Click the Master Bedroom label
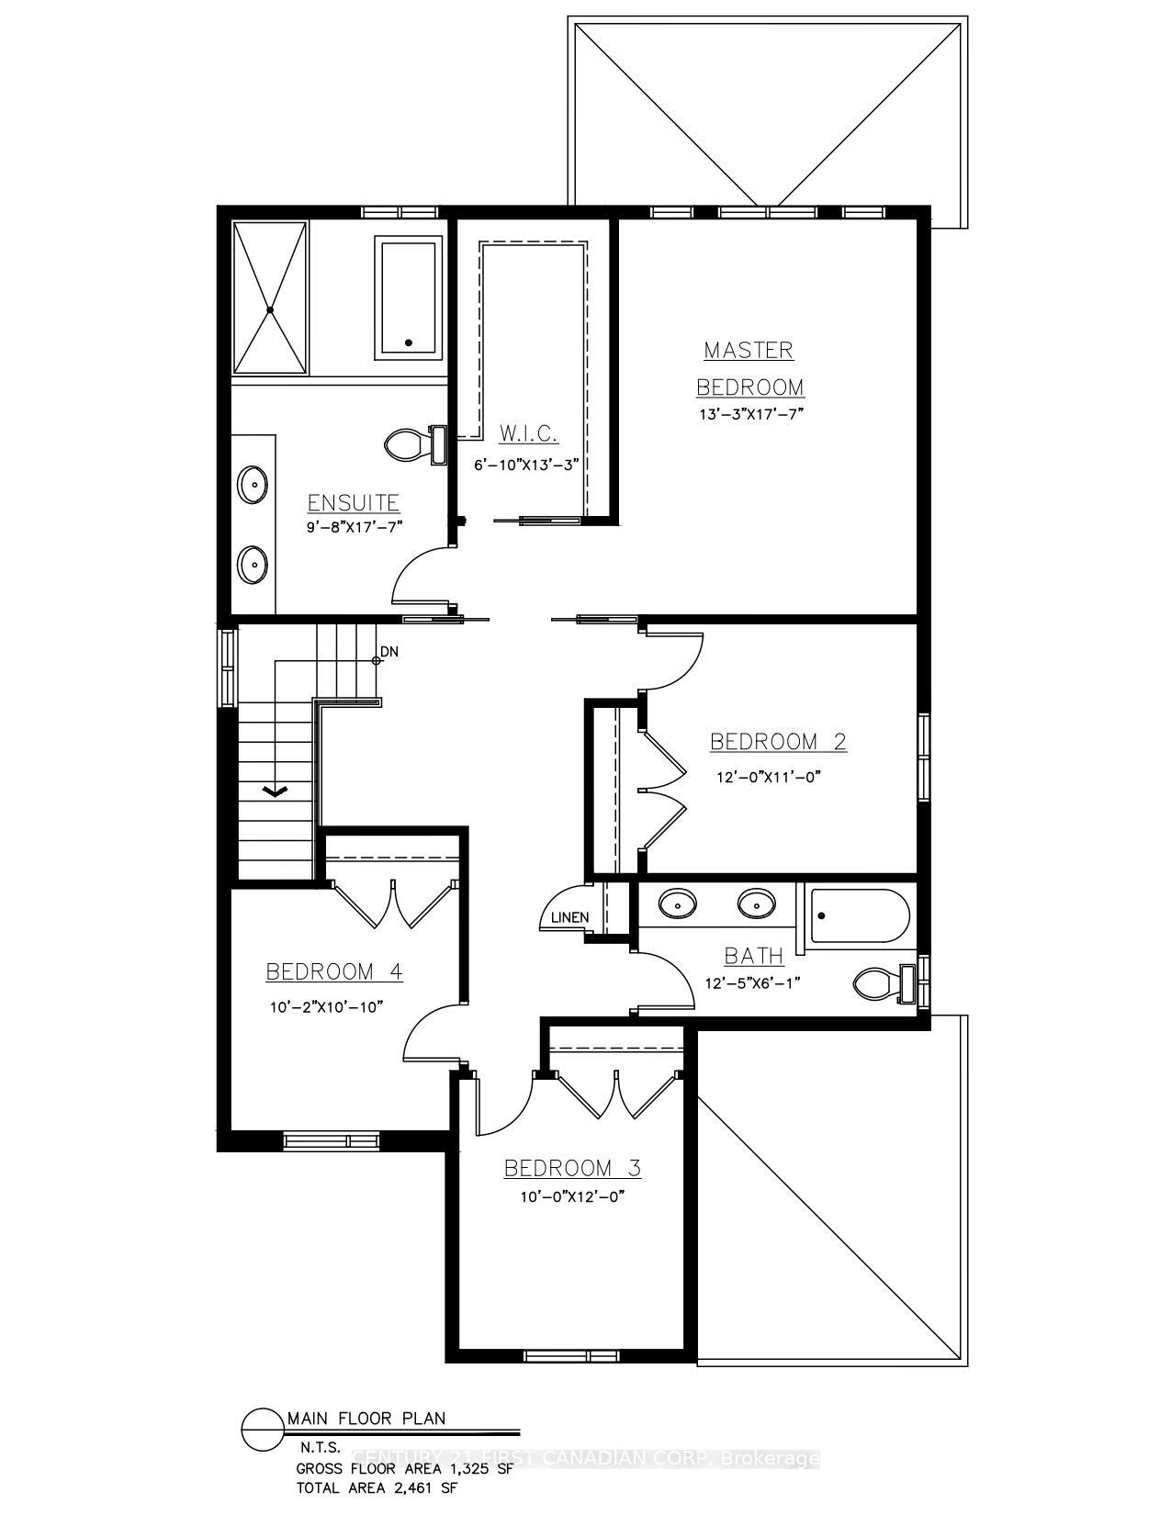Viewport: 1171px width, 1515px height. point(749,368)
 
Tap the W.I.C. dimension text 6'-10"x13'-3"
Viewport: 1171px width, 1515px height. point(528,465)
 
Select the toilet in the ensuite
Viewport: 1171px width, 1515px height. point(405,445)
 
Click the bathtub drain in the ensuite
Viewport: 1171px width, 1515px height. point(409,342)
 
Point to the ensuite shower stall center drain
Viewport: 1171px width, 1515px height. point(270,310)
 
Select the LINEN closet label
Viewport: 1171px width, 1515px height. point(569,917)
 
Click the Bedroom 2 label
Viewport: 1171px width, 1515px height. point(778,742)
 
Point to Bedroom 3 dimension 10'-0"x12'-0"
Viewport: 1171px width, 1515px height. point(571,1197)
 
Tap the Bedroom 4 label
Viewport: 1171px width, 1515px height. point(334,971)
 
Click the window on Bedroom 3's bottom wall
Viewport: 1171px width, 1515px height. point(570,1355)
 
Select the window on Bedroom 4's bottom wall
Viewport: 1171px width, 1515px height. point(332,1141)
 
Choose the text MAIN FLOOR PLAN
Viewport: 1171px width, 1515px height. point(366,1419)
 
